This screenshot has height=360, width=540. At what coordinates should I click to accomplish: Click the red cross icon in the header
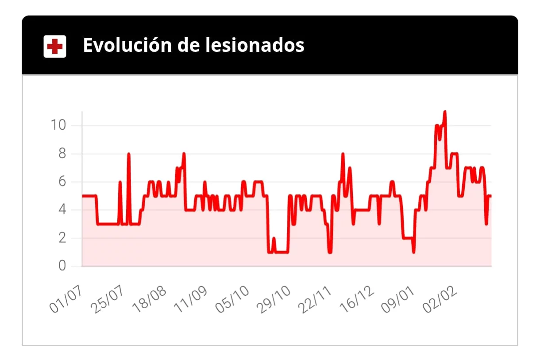[x=55, y=46]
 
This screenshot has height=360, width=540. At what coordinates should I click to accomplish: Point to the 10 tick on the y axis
[x=58, y=125]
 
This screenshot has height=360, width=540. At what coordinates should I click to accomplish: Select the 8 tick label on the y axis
[x=62, y=154]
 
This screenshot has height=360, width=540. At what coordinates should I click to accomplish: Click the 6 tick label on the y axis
[x=62, y=182]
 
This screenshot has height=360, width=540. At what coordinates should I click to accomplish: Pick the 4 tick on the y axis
[x=62, y=210]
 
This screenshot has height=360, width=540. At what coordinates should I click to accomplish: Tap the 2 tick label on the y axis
[x=62, y=238]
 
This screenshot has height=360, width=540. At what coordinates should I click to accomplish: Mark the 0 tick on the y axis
[x=62, y=266]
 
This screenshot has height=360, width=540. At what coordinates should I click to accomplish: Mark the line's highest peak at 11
[x=444, y=112]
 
